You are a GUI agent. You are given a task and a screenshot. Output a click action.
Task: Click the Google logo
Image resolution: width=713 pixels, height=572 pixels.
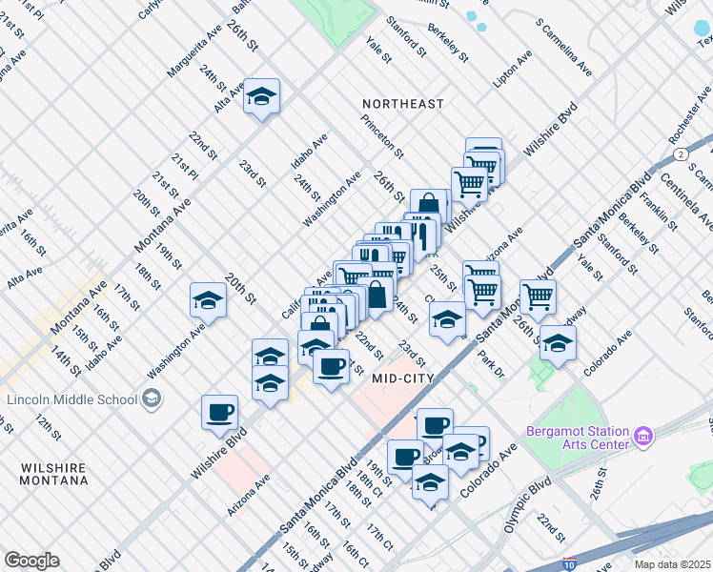pyautogui.click(x=31, y=561)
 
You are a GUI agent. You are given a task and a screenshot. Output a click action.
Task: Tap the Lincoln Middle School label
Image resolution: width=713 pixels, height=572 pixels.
pyautogui.click(x=71, y=399)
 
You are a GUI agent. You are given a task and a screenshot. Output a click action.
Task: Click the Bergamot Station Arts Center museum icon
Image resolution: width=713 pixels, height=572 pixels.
pyautogui.click(x=644, y=437)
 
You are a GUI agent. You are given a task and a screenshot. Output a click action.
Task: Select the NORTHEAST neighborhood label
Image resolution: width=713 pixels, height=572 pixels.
pyautogui.click(x=403, y=103)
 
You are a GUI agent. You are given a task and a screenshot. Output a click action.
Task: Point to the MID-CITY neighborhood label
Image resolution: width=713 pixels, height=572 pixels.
pyautogui.click(x=403, y=378)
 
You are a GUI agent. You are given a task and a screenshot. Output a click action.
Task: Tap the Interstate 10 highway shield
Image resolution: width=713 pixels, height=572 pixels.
pyautogui.click(x=570, y=564)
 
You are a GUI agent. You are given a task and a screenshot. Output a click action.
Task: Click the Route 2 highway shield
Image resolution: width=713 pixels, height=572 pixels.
pyautogui.click(x=680, y=153)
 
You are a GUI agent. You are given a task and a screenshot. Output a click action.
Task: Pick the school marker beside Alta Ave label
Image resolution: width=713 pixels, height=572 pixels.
pyautogui.click(x=261, y=98)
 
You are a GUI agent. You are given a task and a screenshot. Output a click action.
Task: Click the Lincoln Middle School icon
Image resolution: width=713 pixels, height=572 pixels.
pyautogui.click(x=151, y=399)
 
